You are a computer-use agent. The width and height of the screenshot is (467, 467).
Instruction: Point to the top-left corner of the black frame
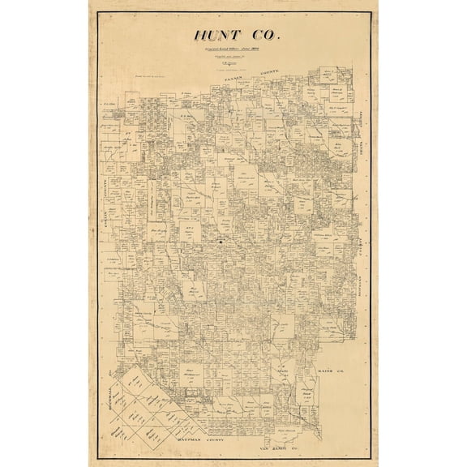pos(98,20)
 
